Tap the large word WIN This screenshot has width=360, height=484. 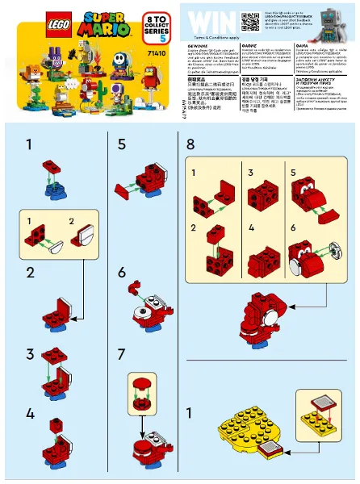click(x=208, y=19)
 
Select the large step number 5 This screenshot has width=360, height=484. click(x=122, y=144)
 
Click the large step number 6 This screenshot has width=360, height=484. click(x=122, y=272)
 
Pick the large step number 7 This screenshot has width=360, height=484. click(x=122, y=353)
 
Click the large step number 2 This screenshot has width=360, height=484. click(x=30, y=272)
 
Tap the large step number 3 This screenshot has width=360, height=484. click(x=30, y=353)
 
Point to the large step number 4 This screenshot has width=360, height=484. click(x=30, y=413)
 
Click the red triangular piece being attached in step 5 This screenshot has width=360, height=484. click(x=126, y=190)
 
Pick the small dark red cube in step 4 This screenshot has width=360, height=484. click(x=56, y=423)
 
